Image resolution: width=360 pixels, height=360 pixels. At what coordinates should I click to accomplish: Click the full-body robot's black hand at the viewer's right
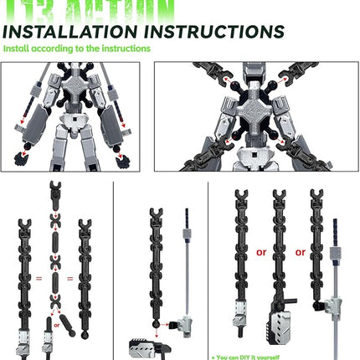(x=125, y=157)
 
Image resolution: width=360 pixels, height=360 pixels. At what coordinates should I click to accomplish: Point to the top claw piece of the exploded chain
(x=54, y=188)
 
